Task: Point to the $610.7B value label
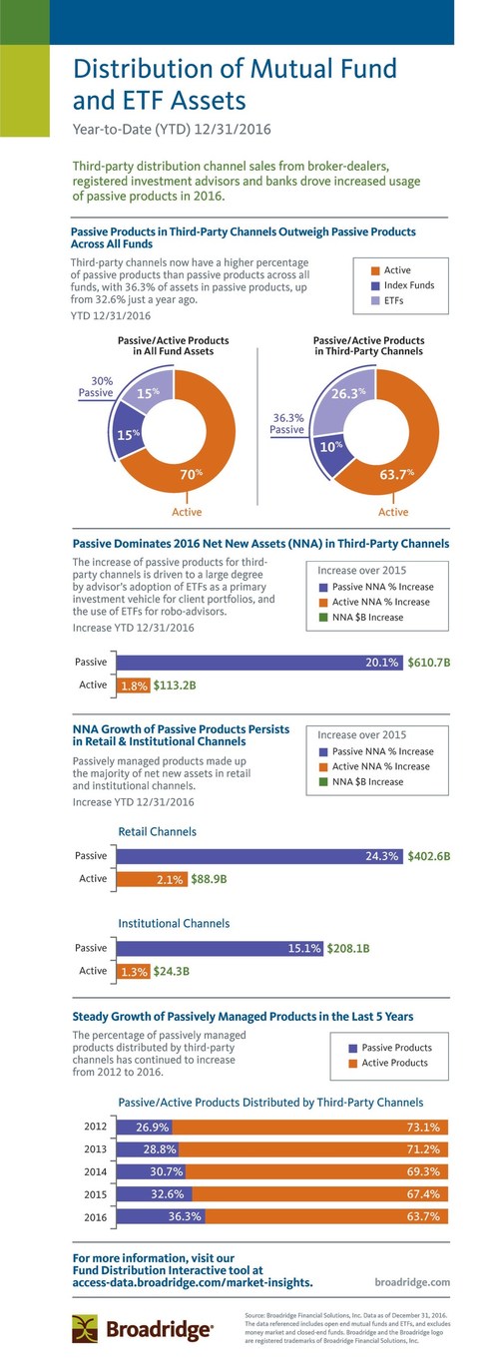429,662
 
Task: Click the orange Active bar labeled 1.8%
135,685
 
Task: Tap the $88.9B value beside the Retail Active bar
210,879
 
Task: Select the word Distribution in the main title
141,69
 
